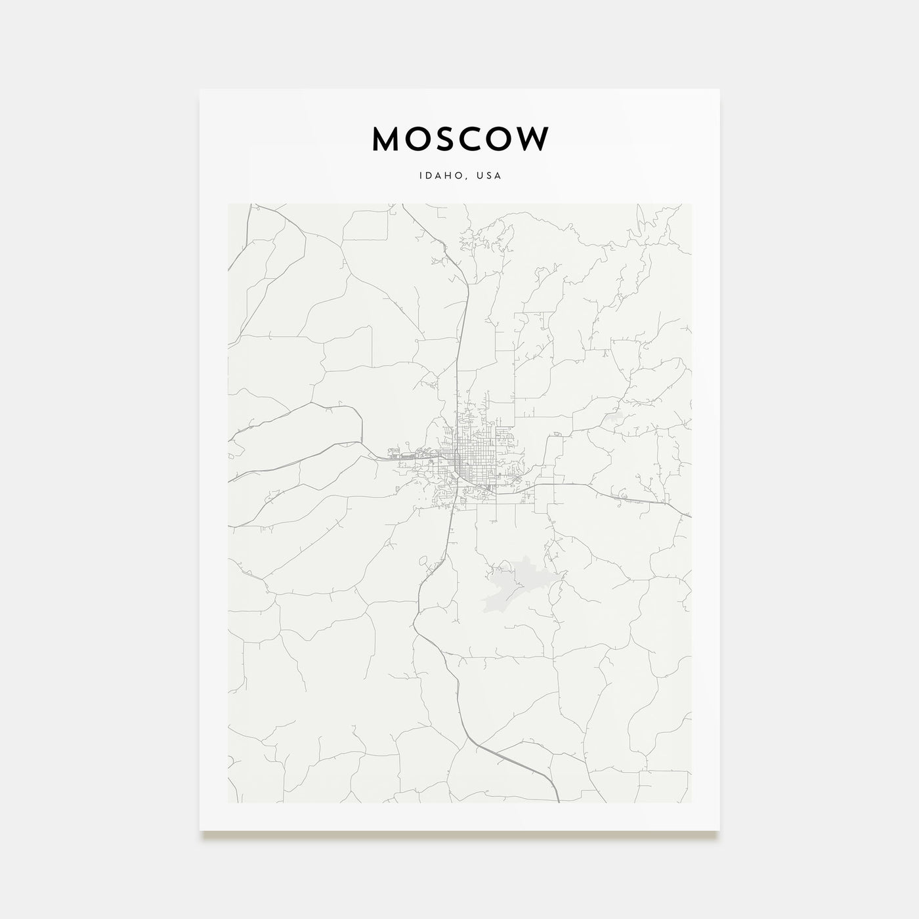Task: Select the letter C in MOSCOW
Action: tap(475, 139)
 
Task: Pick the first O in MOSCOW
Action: tap(418, 139)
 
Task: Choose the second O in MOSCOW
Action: tap(503, 139)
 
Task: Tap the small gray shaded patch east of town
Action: tap(615, 416)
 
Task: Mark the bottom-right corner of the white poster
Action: tap(719, 830)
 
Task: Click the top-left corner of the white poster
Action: tap(200, 89)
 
